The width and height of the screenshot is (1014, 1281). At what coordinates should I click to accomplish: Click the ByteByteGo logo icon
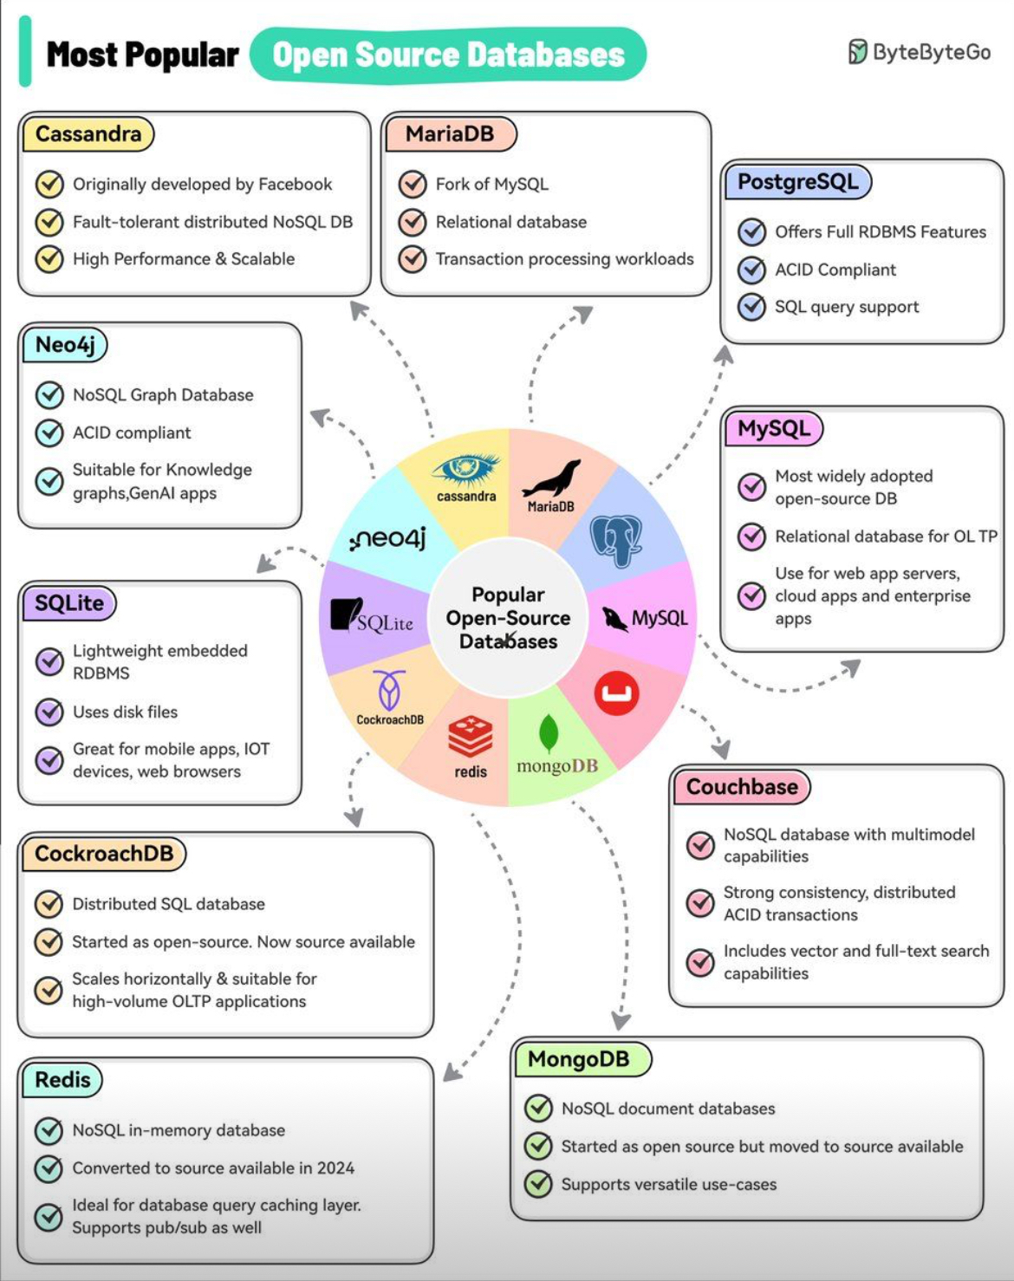857,52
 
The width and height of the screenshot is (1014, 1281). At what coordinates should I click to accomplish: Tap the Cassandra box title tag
88,134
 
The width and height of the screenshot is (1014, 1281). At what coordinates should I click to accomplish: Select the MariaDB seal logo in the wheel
551,478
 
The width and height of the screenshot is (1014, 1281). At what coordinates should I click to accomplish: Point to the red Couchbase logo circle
617,693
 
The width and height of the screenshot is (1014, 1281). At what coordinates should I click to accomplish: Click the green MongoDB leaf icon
548,732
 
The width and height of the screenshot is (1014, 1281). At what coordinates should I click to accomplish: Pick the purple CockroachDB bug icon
389,690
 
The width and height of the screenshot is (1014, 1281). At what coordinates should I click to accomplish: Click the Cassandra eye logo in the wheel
466,470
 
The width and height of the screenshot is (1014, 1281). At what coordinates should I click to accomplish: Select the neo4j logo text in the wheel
388,539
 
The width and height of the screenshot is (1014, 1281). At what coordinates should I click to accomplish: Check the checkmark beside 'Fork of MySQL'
412,185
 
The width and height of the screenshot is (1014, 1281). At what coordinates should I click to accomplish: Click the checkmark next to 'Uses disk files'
49,712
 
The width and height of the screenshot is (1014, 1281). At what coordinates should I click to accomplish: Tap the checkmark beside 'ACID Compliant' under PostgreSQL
751,270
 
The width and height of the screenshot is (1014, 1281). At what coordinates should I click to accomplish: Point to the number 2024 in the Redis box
335,1168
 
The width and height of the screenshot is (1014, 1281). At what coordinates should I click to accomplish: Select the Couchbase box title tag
742,787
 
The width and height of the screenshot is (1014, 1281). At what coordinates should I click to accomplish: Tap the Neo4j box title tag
65,345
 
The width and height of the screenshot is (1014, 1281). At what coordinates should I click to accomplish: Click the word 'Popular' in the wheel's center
508,595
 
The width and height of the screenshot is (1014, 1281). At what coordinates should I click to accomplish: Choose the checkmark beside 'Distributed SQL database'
49,904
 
